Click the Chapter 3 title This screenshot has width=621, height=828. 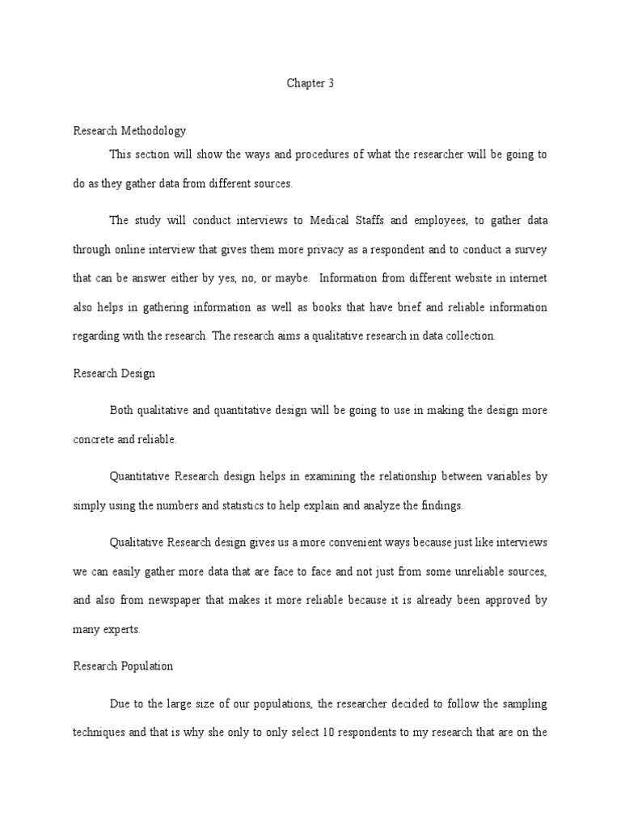[x=310, y=83]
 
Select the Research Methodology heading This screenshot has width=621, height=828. [x=129, y=130]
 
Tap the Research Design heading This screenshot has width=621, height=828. [x=114, y=374]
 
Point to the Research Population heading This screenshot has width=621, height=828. [x=123, y=667]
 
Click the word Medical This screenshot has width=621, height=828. [x=345, y=220]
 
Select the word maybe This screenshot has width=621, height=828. [x=291, y=278]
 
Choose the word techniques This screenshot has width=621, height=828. [x=99, y=733]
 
